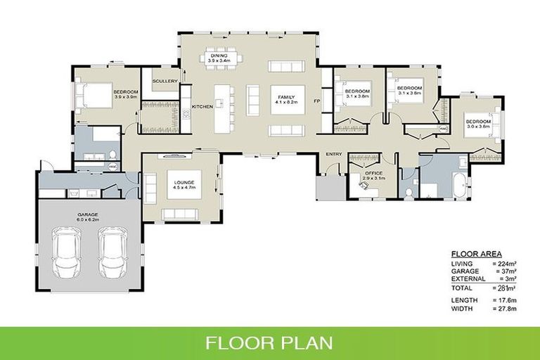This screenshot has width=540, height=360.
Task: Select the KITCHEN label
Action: [202, 106]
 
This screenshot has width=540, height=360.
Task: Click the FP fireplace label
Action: [317, 101]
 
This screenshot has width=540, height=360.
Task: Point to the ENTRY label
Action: [333, 154]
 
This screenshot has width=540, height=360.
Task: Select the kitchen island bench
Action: [224, 106]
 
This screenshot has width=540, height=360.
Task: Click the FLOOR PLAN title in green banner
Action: [269, 344]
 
